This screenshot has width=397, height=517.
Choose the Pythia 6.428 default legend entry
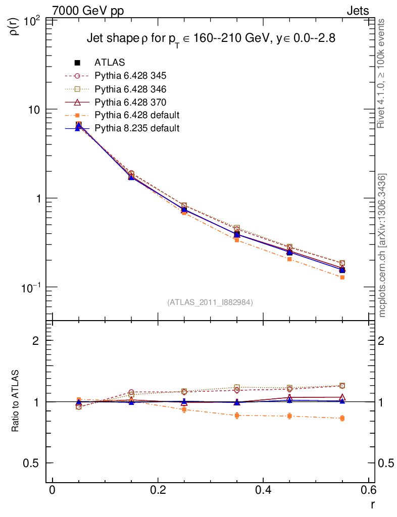[x=137, y=115]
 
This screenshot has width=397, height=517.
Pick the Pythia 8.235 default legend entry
[x=137, y=128]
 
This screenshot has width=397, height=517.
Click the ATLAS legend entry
[x=110, y=63]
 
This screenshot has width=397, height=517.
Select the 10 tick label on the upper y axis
[x=35, y=110]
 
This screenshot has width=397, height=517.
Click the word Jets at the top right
[x=357, y=11]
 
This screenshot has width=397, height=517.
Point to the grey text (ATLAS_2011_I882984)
[x=210, y=302]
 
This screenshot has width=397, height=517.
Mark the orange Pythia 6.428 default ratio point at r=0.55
[x=342, y=418]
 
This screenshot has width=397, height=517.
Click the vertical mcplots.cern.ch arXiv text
[x=383, y=245]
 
